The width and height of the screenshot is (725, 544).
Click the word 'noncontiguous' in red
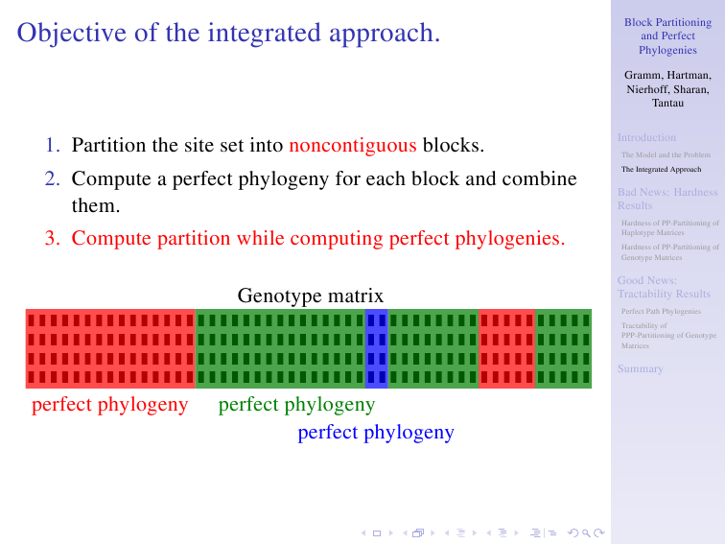(x=353, y=145)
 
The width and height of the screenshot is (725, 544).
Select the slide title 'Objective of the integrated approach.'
(x=228, y=33)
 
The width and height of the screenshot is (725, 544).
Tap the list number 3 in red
(x=52, y=238)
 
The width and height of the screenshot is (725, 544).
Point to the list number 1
(x=52, y=145)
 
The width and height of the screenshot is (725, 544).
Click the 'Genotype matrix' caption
(x=311, y=296)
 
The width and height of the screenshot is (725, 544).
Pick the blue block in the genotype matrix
(x=376, y=348)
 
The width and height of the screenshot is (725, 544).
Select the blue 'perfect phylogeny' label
(x=376, y=433)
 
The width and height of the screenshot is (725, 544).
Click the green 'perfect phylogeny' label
(x=296, y=405)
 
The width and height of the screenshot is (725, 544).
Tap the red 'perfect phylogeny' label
(x=109, y=405)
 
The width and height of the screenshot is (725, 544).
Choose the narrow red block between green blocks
(x=506, y=348)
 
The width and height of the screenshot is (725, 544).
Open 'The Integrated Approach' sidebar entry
(x=661, y=169)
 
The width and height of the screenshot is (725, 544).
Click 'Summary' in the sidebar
(x=641, y=368)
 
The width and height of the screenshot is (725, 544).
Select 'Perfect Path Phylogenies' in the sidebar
(x=661, y=311)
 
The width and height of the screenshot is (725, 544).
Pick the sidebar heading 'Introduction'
(x=646, y=137)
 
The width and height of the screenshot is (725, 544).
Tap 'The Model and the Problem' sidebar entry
(x=666, y=155)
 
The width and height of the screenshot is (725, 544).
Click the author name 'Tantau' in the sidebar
(x=667, y=104)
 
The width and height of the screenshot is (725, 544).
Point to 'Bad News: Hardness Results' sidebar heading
(x=667, y=199)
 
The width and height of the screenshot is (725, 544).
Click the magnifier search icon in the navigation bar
(x=586, y=533)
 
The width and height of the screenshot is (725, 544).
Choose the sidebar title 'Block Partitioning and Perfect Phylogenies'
(x=667, y=36)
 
